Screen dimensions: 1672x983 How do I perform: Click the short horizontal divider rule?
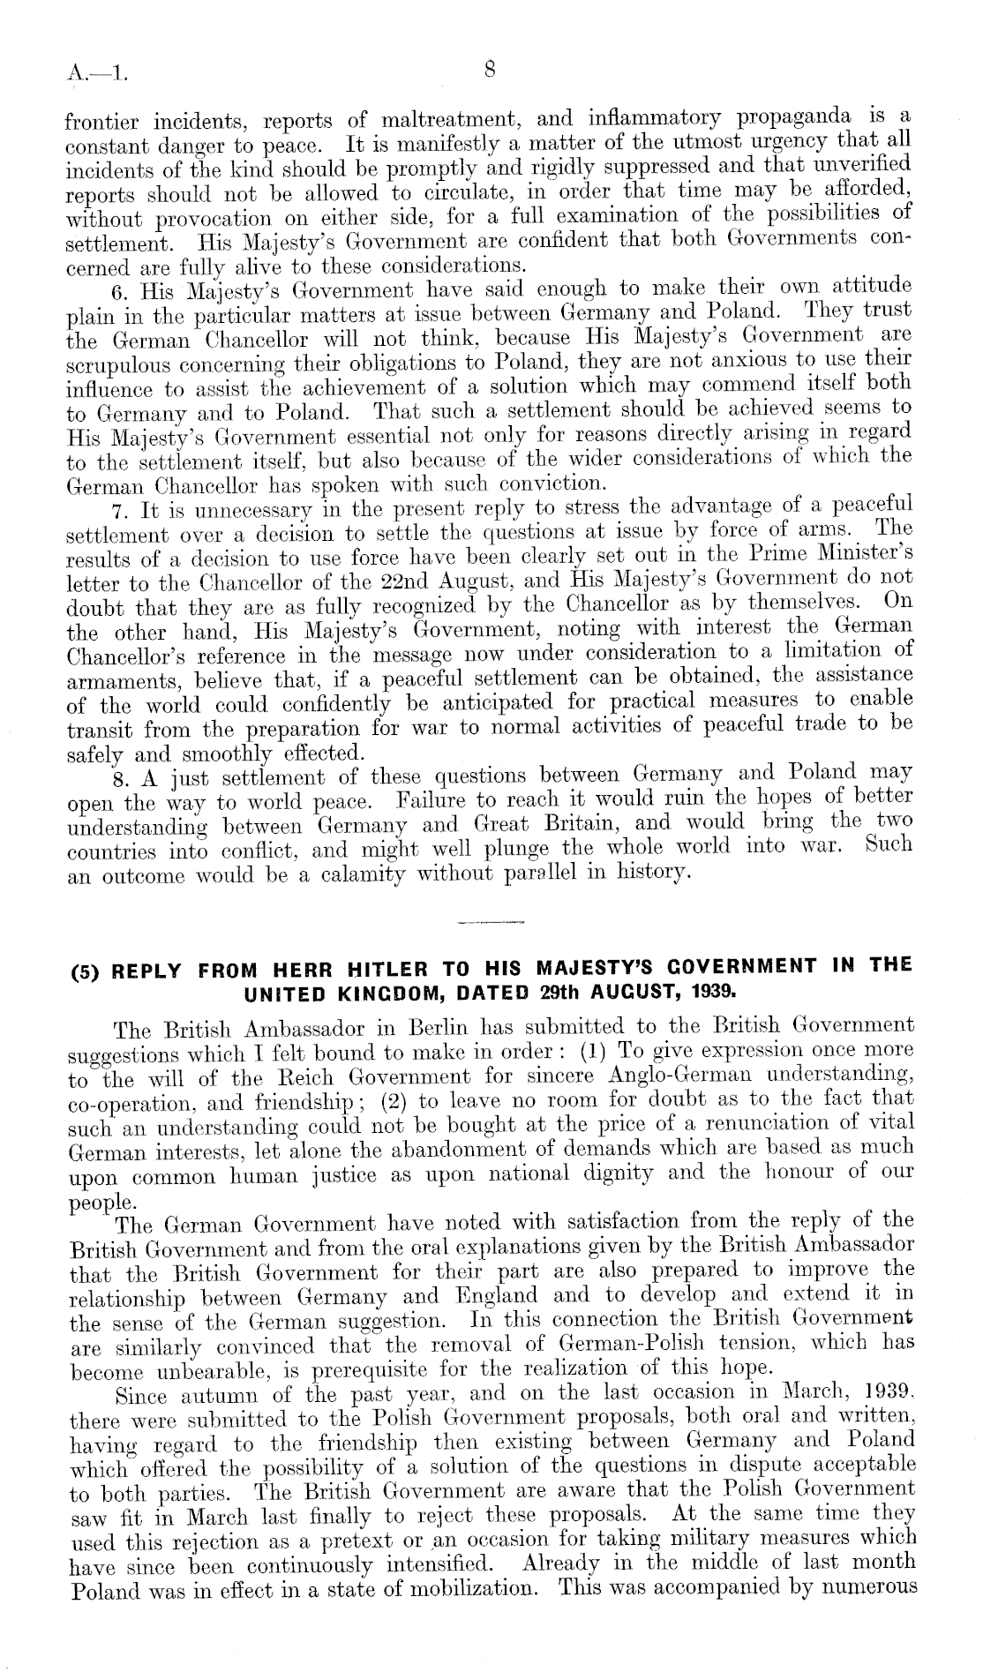pyautogui.click(x=491, y=924)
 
